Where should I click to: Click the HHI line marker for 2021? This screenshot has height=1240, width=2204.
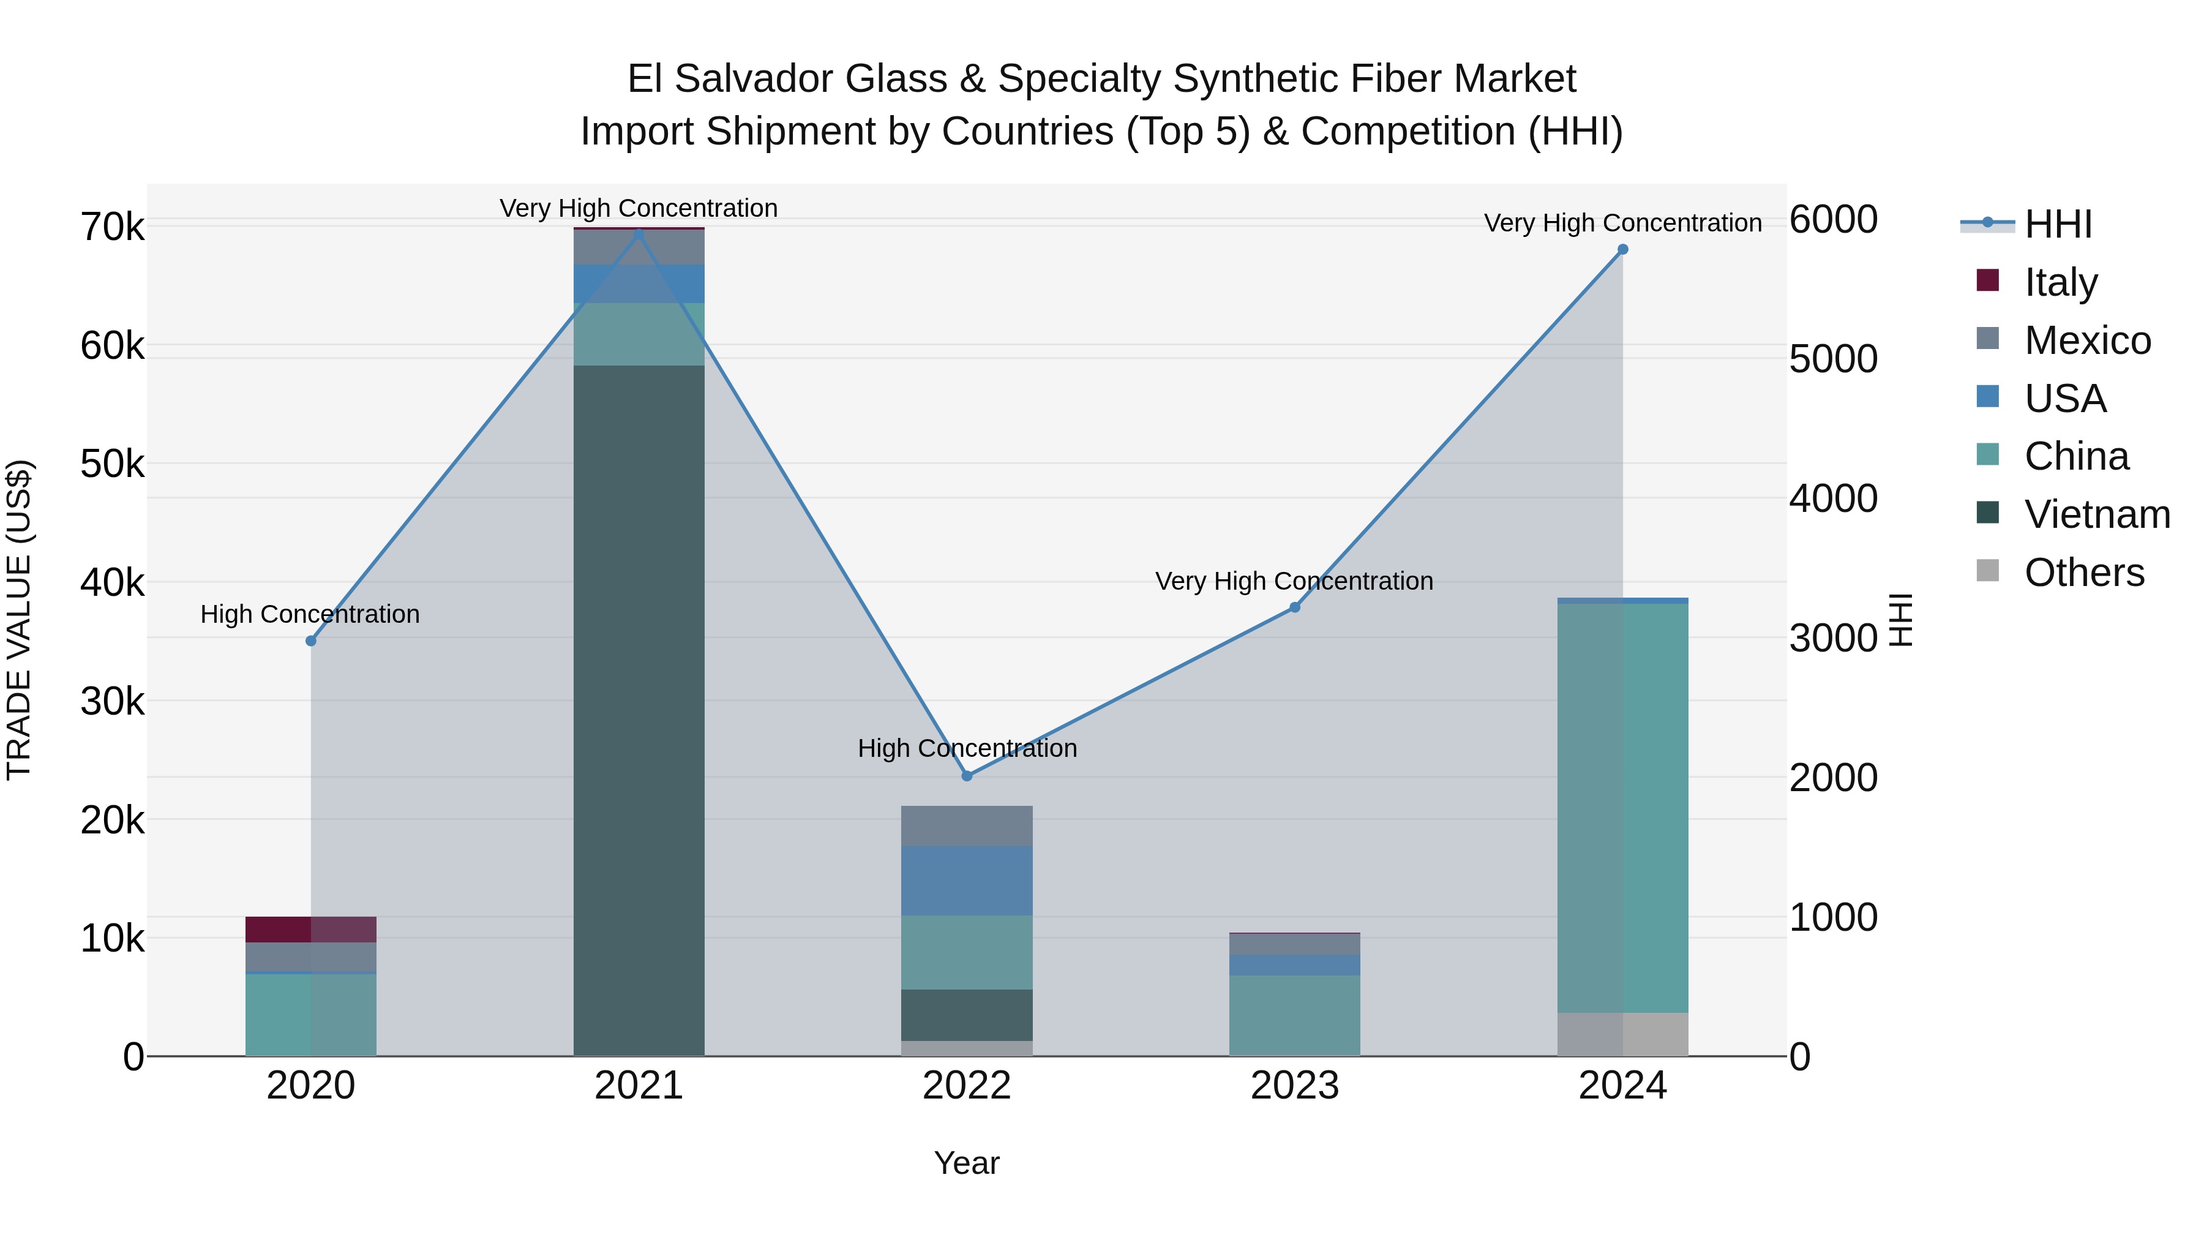tap(639, 234)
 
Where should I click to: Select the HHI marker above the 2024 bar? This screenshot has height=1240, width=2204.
tap(1622, 250)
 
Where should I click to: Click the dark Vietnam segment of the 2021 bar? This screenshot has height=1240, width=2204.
tap(639, 710)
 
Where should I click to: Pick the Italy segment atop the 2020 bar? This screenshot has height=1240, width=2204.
tap(310, 930)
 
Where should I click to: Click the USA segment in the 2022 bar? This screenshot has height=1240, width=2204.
tap(967, 881)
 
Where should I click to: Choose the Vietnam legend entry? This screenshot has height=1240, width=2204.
tap(2096, 514)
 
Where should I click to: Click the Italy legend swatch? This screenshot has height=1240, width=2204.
tap(1987, 280)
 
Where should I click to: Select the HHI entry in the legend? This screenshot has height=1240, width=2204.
tap(2058, 224)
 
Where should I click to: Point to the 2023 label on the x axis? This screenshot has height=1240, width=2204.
tap(1294, 1086)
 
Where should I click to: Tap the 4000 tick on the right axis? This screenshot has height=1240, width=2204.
tap(1832, 499)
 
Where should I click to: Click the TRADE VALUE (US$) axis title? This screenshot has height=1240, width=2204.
tap(19, 620)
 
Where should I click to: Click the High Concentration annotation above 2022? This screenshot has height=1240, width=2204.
tap(967, 749)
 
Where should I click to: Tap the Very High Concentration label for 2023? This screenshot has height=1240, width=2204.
tap(1294, 581)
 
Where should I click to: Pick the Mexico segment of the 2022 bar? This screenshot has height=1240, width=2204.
tap(967, 826)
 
